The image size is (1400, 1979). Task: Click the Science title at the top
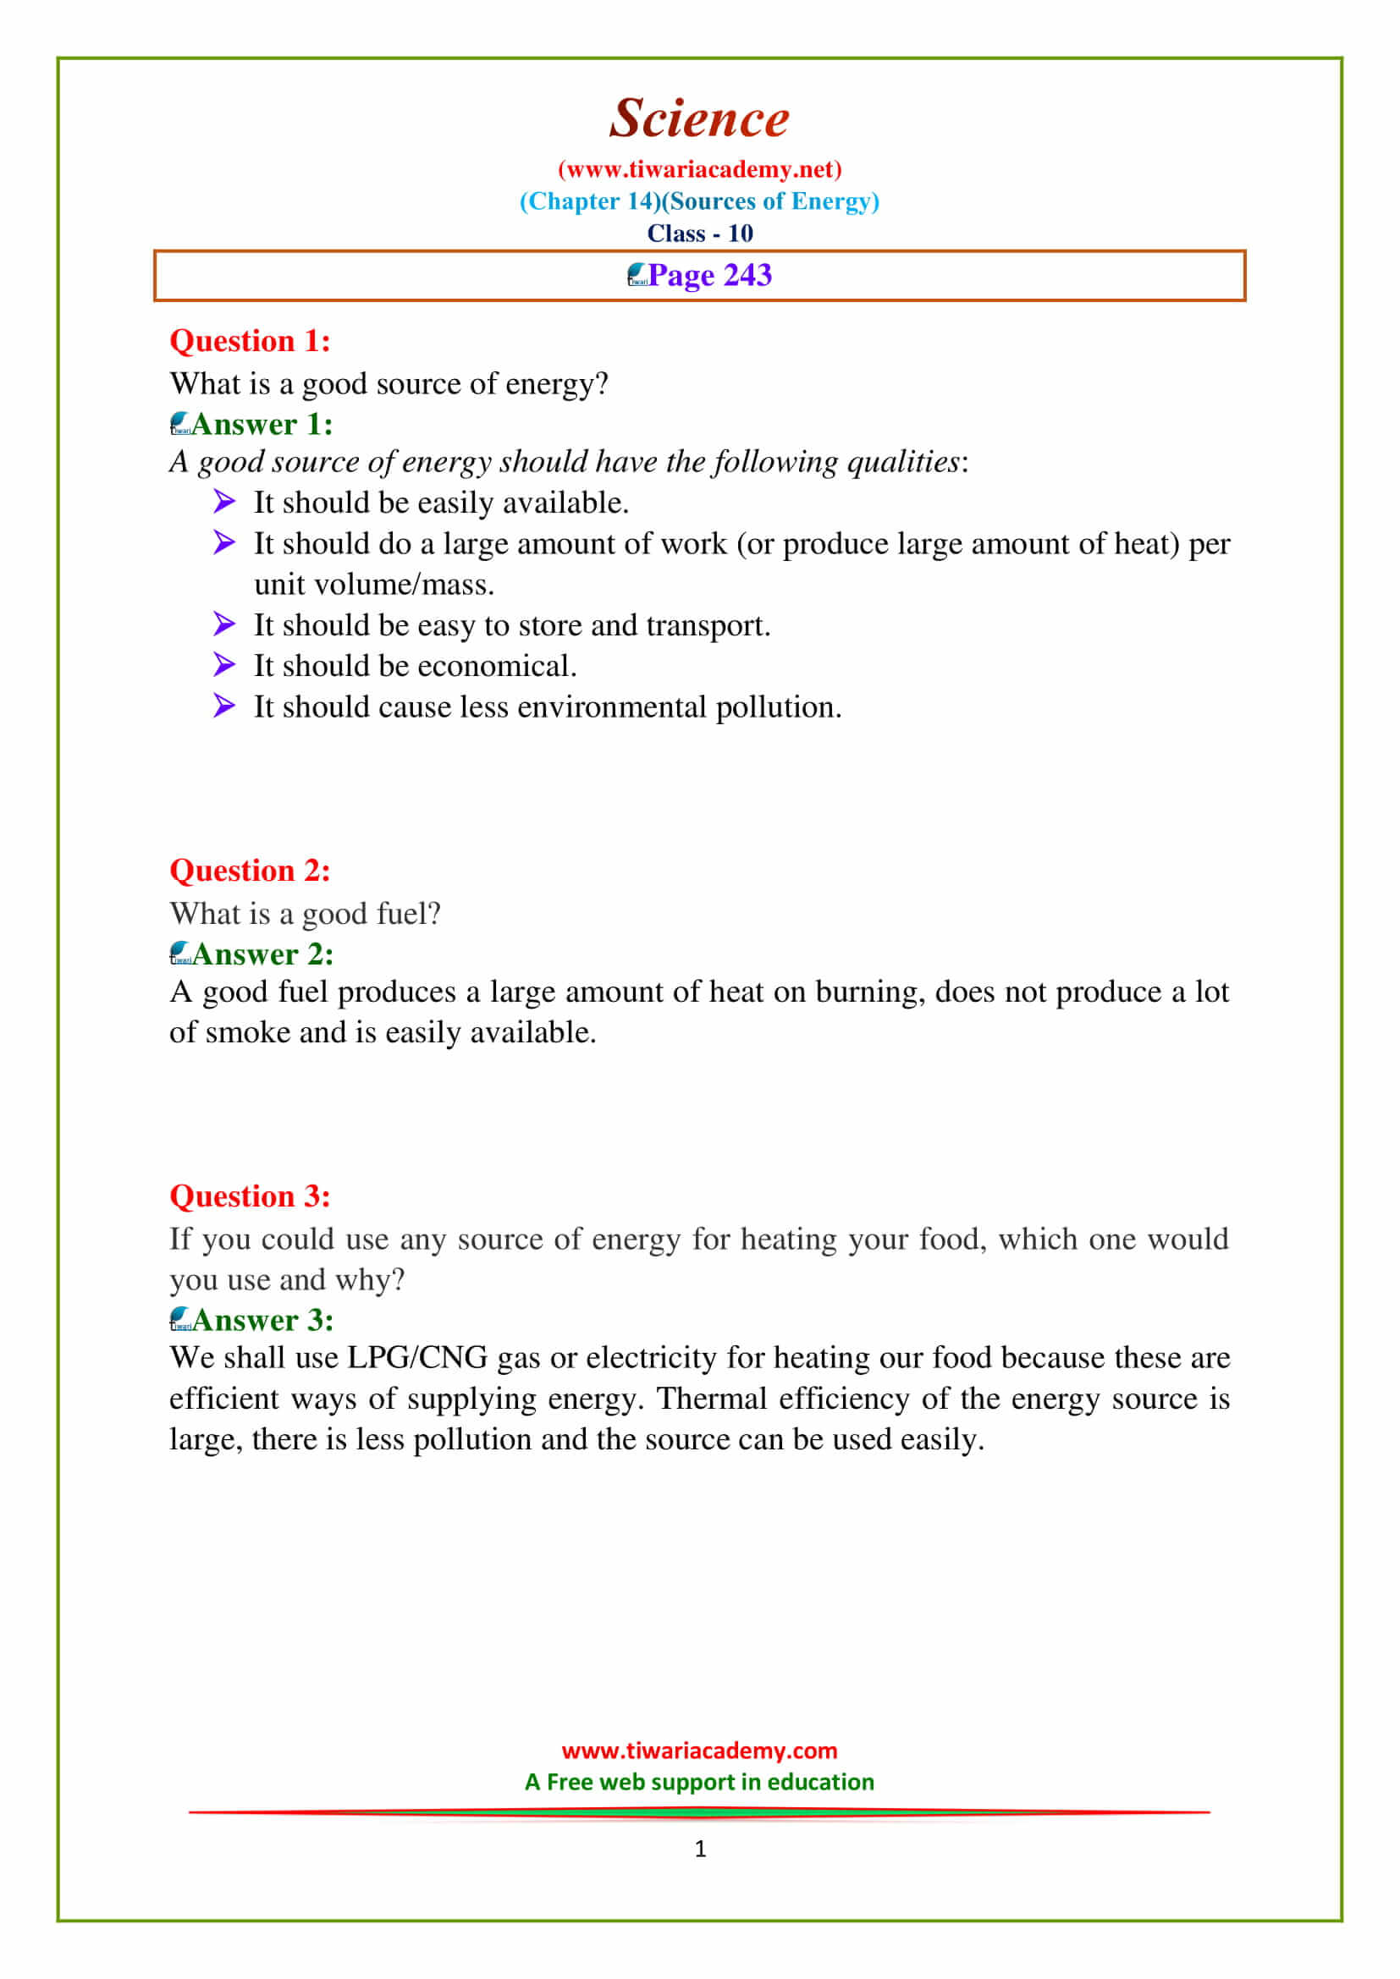(x=699, y=118)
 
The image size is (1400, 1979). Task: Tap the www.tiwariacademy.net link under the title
(x=699, y=169)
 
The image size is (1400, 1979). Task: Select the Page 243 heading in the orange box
(x=709, y=275)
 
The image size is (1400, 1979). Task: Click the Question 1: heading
(x=250, y=340)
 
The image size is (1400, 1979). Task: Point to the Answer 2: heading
(x=262, y=954)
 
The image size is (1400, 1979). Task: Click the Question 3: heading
(x=250, y=1196)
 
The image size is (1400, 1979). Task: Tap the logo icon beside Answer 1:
(x=180, y=423)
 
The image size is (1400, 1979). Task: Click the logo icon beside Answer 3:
(x=180, y=1319)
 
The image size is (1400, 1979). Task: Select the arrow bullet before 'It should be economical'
(x=224, y=664)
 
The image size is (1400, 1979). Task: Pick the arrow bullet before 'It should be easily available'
(x=224, y=501)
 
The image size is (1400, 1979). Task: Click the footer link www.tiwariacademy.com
(x=699, y=1751)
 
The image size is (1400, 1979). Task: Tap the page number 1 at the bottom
(x=700, y=1848)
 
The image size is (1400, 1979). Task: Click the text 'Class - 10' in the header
(x=700, y=233)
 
